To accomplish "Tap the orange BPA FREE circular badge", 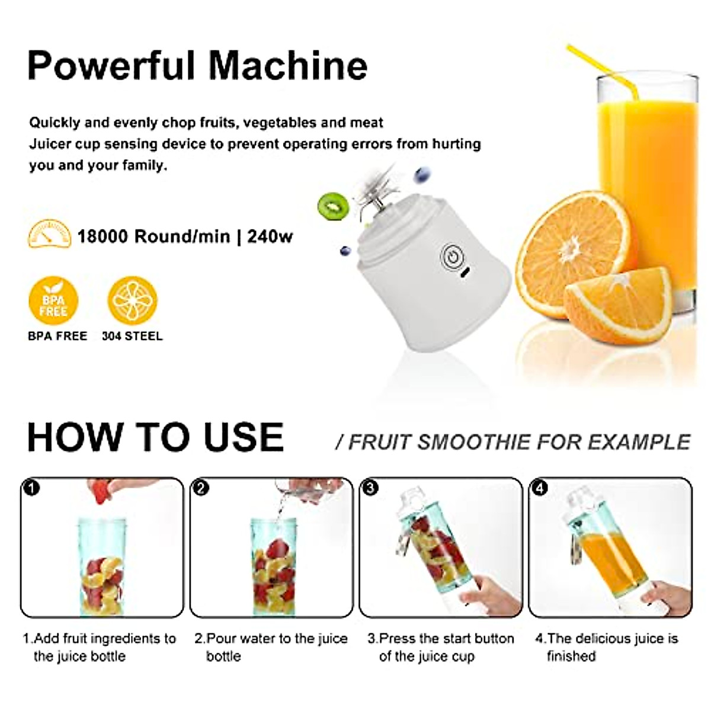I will pos(53,302).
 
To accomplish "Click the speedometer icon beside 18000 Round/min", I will pos(49,235).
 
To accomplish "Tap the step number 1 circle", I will pos(31,488).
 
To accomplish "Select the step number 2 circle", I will pos(201,488).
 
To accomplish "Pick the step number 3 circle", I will pos(370,488).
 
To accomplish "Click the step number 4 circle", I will pos(540,488).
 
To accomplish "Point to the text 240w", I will pos(270,236).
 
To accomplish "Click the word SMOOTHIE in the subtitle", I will pos(474,442).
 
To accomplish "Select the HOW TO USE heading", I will pos(155,437).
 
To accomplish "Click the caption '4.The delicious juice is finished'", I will pos(606,647).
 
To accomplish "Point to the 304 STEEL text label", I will pos(132,336).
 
